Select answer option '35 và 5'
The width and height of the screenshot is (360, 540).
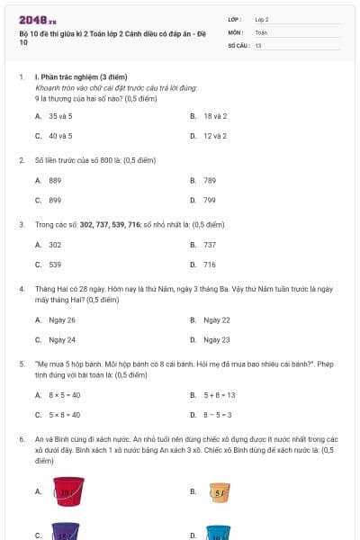pyautogui.click(x=60, y=116)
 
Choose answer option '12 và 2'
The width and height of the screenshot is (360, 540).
pyautogui.click(x=214, y=136)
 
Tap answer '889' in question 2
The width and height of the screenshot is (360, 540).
pyautogui.click(x=55, y=180)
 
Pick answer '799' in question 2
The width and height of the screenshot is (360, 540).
pyautogui.click(x=210, y=200)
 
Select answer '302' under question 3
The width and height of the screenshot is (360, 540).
pyautogui.click(x=55, y=245)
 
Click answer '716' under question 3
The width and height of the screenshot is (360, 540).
pyautogui.click(x=210, y=265)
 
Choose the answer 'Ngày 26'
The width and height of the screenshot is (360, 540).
pyautogui.click(x=62, y=319)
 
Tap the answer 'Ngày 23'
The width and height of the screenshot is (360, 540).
pyautogui.click(x=217, y=339)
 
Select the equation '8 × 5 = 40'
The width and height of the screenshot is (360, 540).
pyautogui.click(x=64, y=394)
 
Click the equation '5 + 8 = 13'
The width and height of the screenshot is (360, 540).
pyautogui.click(x=219, y=394)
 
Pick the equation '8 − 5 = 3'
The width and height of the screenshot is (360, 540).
pyautogui.click(x=218, y=414)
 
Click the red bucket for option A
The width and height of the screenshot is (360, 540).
pyautogui.click(x=68, y=491)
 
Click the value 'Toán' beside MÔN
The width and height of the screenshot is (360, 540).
pyautogui.click(x=261, y=31)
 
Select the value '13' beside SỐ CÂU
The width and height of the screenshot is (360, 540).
pyautogui.click(x=258, y=44)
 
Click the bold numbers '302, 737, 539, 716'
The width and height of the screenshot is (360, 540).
pyautogui.click(x=110, y=223)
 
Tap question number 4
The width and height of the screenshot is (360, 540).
pyautogui.click(x=22, y=288)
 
